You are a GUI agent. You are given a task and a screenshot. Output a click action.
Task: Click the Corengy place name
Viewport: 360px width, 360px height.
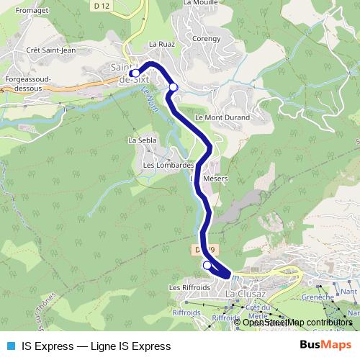(206, 38)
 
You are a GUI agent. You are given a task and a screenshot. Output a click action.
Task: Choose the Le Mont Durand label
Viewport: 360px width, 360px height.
(222, 117)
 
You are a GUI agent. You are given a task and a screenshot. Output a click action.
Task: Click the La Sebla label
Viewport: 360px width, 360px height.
(142, 140)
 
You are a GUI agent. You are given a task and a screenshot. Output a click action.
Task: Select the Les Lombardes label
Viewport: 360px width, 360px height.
(169, 165)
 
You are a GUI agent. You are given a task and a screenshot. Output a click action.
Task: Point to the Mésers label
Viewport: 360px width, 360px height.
(215, 178)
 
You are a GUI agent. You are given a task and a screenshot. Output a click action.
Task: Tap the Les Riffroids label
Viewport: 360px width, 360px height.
(189, 287)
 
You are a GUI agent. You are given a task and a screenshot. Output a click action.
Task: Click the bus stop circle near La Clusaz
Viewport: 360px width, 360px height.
(207, 266)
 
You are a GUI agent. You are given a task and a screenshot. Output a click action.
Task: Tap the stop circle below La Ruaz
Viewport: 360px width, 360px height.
(173, 87)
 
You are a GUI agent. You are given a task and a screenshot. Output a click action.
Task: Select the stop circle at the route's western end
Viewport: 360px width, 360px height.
(135, 73)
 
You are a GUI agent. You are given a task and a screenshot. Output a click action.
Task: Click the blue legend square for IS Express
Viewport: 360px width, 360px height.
(10, 346)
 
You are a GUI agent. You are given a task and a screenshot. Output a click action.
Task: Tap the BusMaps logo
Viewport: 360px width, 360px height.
(325, 346)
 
